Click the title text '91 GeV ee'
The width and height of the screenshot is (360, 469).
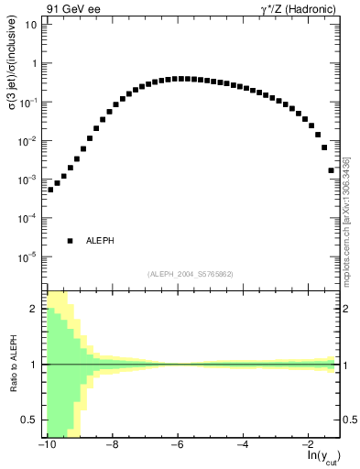[71, 10]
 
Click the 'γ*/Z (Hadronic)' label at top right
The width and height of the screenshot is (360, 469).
[295, 10]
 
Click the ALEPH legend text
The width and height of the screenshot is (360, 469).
[100, 241]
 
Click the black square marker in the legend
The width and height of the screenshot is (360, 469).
[70, 241]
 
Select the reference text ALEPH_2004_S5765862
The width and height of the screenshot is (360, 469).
[191, 274]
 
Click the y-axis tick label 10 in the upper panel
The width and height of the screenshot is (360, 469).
[30, 25]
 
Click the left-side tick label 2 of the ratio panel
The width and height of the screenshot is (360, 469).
[35, 309]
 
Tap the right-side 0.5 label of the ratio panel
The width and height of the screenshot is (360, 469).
[349, 420]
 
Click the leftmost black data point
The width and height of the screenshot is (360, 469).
[50, 190]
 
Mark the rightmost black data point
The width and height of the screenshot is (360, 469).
[332, 170]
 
